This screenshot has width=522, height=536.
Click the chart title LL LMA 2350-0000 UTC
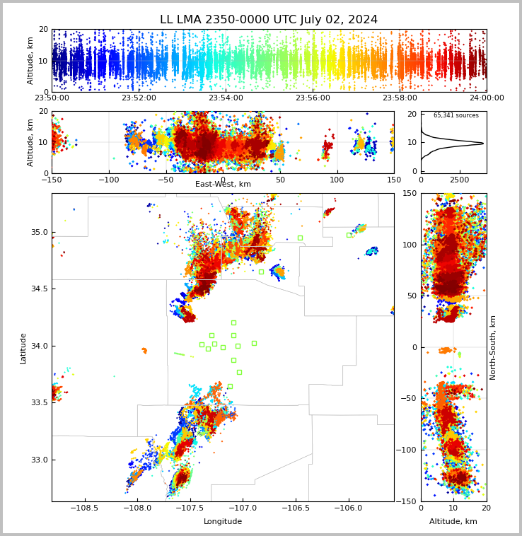pos(269,20)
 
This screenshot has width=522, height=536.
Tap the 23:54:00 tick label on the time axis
pos(226,98)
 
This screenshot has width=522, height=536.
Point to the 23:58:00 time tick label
pos(400,98)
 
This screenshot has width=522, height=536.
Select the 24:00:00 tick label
pos(487,98)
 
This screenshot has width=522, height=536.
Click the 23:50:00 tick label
pos(52,98)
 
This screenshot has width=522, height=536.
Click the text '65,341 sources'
pos(456,115)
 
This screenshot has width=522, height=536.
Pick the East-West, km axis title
pos(223,185)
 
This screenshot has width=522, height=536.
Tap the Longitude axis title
pos(223,522)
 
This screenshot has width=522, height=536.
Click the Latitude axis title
pos(23,348)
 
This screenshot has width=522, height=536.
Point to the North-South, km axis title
pos(493,347)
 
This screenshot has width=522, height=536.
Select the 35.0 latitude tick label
pos(39,232)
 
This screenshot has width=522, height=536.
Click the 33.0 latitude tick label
pos(39,460)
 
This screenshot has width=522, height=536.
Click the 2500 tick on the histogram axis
pos(460,180)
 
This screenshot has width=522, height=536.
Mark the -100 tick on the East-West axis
pos(109,180)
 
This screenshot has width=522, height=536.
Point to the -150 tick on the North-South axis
pos(408,501)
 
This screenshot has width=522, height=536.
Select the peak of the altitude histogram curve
pos(483,143)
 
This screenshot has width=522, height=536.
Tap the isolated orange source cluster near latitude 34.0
pos(144,350)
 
